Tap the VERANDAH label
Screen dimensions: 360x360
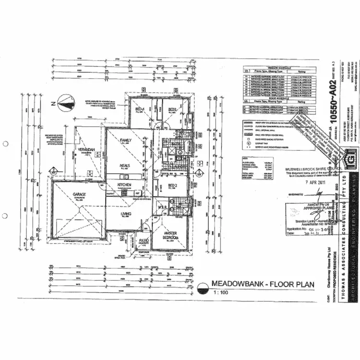click(x=87, y=149)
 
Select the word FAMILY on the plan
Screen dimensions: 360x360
click(x=126, y=140)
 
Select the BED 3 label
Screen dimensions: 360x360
click(x=173, y=109)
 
